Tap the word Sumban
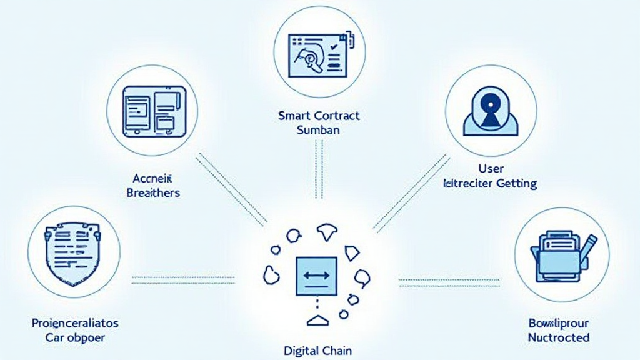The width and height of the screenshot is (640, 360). coord(319,131)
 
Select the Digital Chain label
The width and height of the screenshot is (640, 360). coord(318,350)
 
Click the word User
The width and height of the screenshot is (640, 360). coord(490,169)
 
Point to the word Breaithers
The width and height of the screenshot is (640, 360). coord(153,193)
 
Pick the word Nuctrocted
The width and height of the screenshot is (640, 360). coord(558,337)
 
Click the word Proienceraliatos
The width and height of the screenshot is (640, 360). coord(74,323)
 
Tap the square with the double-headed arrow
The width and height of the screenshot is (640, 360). coord(318,276)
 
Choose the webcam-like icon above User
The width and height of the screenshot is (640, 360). coord(490,111)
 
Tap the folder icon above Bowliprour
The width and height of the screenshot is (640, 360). coord(558,256)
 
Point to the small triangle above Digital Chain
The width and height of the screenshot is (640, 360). coord(318,321)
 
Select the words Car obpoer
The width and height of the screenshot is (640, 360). coord(74,337)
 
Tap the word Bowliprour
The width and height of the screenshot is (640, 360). coord(558,323)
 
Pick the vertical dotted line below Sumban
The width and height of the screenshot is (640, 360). coord(319,169)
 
